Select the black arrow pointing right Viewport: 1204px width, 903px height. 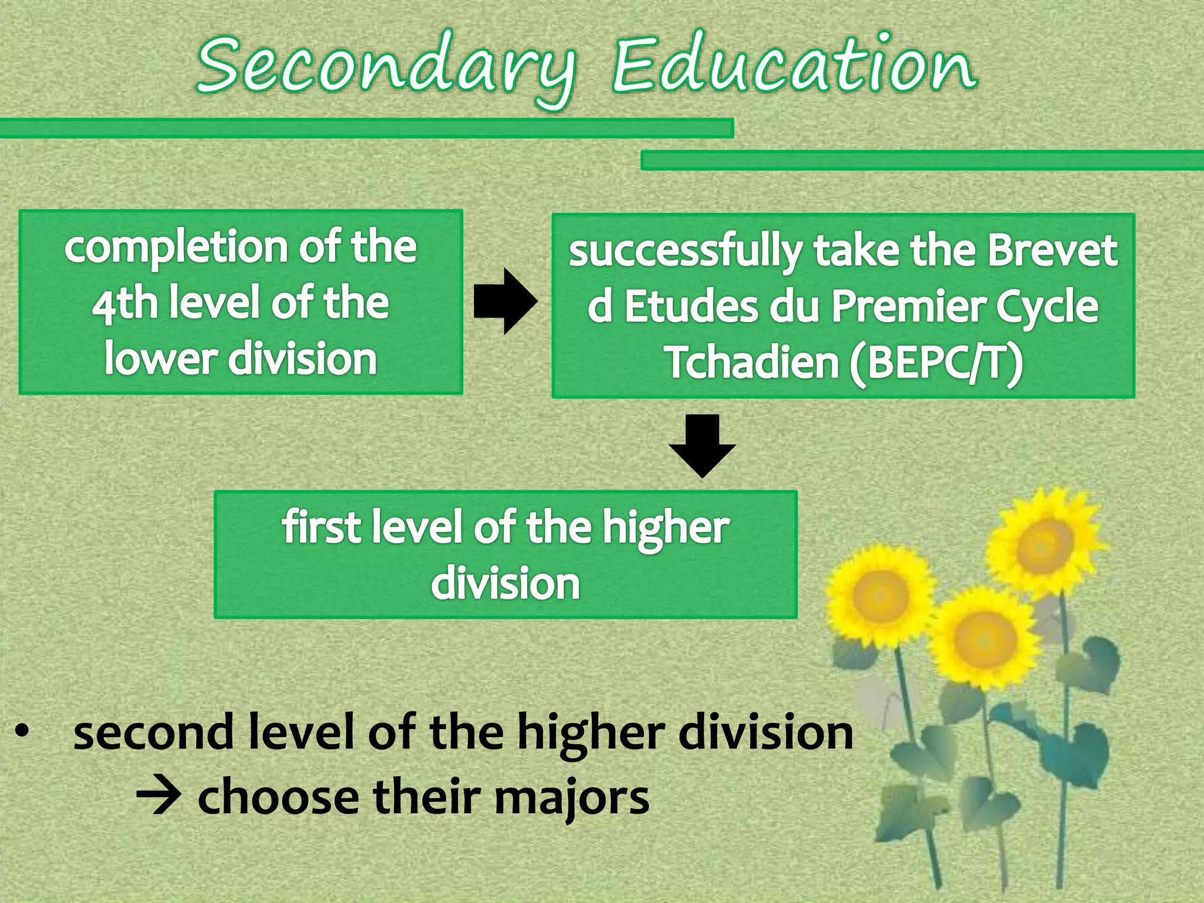[506, 302]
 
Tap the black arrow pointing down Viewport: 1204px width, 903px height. [702, 445]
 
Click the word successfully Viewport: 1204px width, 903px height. [684, 252]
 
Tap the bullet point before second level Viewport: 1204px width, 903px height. [22, 732]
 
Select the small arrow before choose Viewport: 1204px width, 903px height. [158, 798]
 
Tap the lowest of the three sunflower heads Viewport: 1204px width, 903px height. [983, 638]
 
